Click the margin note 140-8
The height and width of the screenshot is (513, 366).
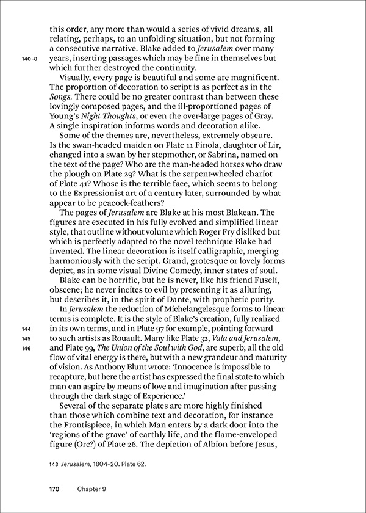pyautogui.click(x=29, y=58)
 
